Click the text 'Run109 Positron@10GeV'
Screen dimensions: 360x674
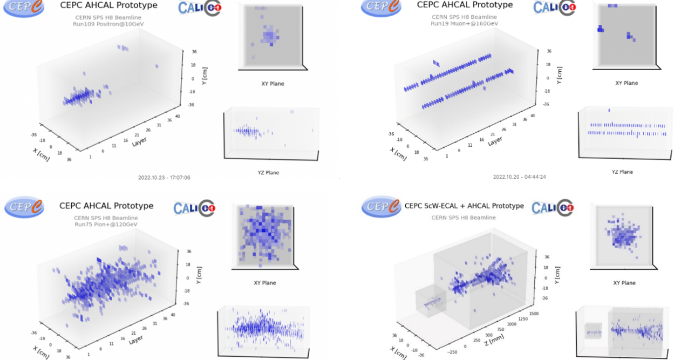(x=106, y=24)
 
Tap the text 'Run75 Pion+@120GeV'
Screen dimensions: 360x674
(x=106, y=225)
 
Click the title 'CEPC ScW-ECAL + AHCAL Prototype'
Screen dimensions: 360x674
(x=464, y=206)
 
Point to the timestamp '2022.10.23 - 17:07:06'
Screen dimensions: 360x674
(x=164, y=177)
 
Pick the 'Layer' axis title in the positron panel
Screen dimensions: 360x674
(x=139, y=142)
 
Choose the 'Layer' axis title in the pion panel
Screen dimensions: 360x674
(x=139, y=341)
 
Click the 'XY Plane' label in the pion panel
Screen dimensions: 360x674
(x=264, y=283)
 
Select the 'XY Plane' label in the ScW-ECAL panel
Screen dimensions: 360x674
(x=624, y=283)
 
